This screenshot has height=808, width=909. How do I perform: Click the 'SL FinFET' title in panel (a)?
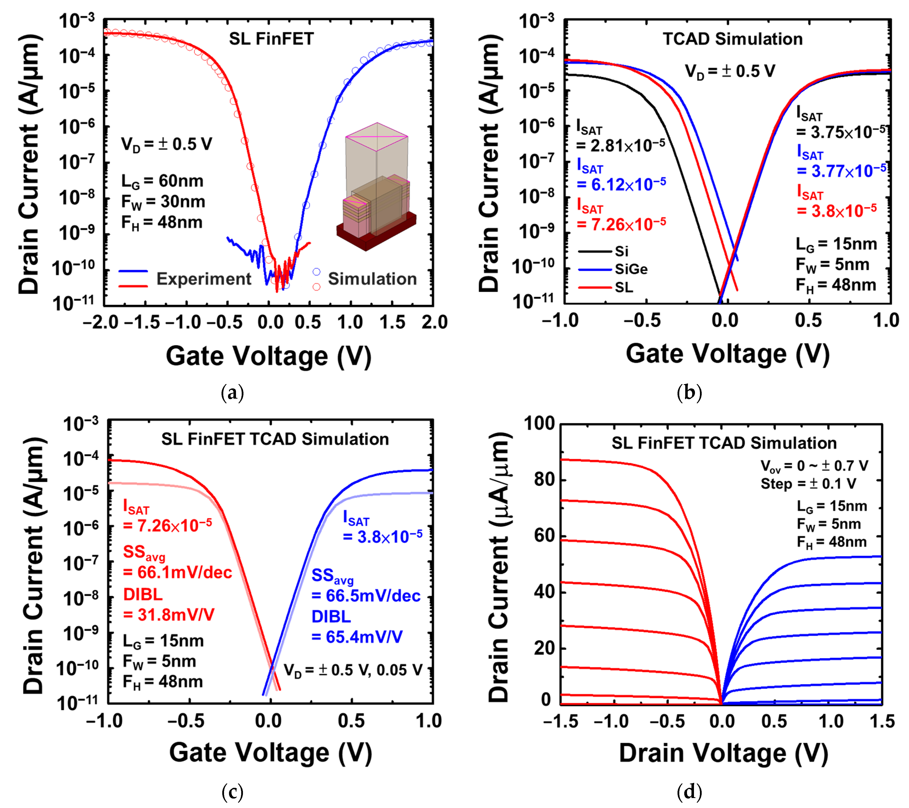[x=271, y=39]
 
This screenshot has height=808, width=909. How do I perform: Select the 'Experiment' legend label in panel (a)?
[x=204, y=279]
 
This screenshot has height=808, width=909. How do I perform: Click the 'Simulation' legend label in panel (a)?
[x=372, y=279]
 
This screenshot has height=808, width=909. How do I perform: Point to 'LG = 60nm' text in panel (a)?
[x=162, y=181]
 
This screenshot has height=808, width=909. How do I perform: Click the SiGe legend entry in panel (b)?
[x=631, y=269]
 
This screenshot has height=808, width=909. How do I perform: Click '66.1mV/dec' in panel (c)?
[x=178, y=572]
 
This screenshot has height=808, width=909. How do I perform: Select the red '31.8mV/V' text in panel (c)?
[x=169, y=615]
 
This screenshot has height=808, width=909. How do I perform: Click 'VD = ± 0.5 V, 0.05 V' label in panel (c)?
[x=353, y=670]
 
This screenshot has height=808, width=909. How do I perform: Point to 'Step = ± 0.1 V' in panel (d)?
[x=808, y=484]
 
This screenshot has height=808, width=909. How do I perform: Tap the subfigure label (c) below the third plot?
[x=232, y=792]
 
